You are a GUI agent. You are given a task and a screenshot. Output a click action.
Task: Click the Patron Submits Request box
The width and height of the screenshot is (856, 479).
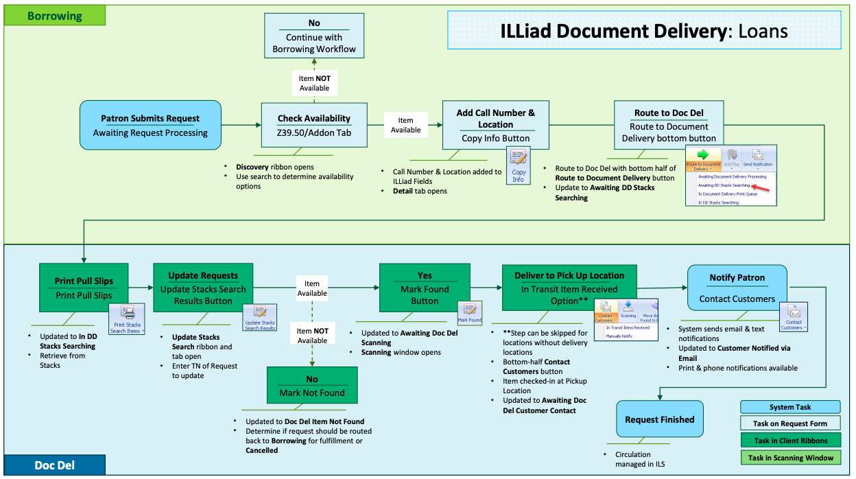click(150, 126)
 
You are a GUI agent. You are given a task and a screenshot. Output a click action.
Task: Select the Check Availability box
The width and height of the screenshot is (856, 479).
click(314, 125)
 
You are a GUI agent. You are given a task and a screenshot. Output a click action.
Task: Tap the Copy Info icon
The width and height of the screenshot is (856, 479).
click(519, 165)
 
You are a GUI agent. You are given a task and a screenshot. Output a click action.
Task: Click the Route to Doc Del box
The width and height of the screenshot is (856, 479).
click(668, 126)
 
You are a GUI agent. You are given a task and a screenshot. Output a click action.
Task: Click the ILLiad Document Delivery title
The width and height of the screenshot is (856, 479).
click(643, 31)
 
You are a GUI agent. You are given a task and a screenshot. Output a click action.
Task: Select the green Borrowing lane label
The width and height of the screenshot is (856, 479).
click(55, 15)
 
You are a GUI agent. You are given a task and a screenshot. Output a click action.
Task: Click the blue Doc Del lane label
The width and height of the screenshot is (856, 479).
click(54, 465)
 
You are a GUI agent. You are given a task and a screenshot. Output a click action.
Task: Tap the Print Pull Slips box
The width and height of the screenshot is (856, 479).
click(84, 288)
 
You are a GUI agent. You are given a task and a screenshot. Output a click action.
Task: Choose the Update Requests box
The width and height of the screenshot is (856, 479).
click(203, 288)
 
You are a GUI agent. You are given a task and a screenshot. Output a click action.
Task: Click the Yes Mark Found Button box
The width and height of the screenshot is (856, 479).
click(425, 288)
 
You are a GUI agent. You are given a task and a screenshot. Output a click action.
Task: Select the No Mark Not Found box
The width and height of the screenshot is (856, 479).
click(312, 386)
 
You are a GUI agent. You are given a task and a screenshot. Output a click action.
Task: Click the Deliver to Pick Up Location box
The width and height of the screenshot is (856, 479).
click(569, 288)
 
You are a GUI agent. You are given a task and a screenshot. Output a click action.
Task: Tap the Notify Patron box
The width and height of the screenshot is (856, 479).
click(737, 288)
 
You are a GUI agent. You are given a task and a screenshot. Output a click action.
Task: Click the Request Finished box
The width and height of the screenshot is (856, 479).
click(660, 419)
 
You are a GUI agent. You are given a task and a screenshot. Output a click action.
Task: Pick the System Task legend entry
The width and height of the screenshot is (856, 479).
click(790, 407)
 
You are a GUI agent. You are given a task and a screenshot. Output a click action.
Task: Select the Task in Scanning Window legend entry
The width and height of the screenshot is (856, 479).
click(790, 458)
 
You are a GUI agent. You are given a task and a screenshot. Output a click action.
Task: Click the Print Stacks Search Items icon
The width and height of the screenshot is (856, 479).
click(127, 319)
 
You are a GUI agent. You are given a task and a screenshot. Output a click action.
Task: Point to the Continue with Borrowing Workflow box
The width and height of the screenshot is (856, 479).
click(314, 37)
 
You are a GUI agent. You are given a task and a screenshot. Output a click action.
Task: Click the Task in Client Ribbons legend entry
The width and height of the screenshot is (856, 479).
click(790, 441)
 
